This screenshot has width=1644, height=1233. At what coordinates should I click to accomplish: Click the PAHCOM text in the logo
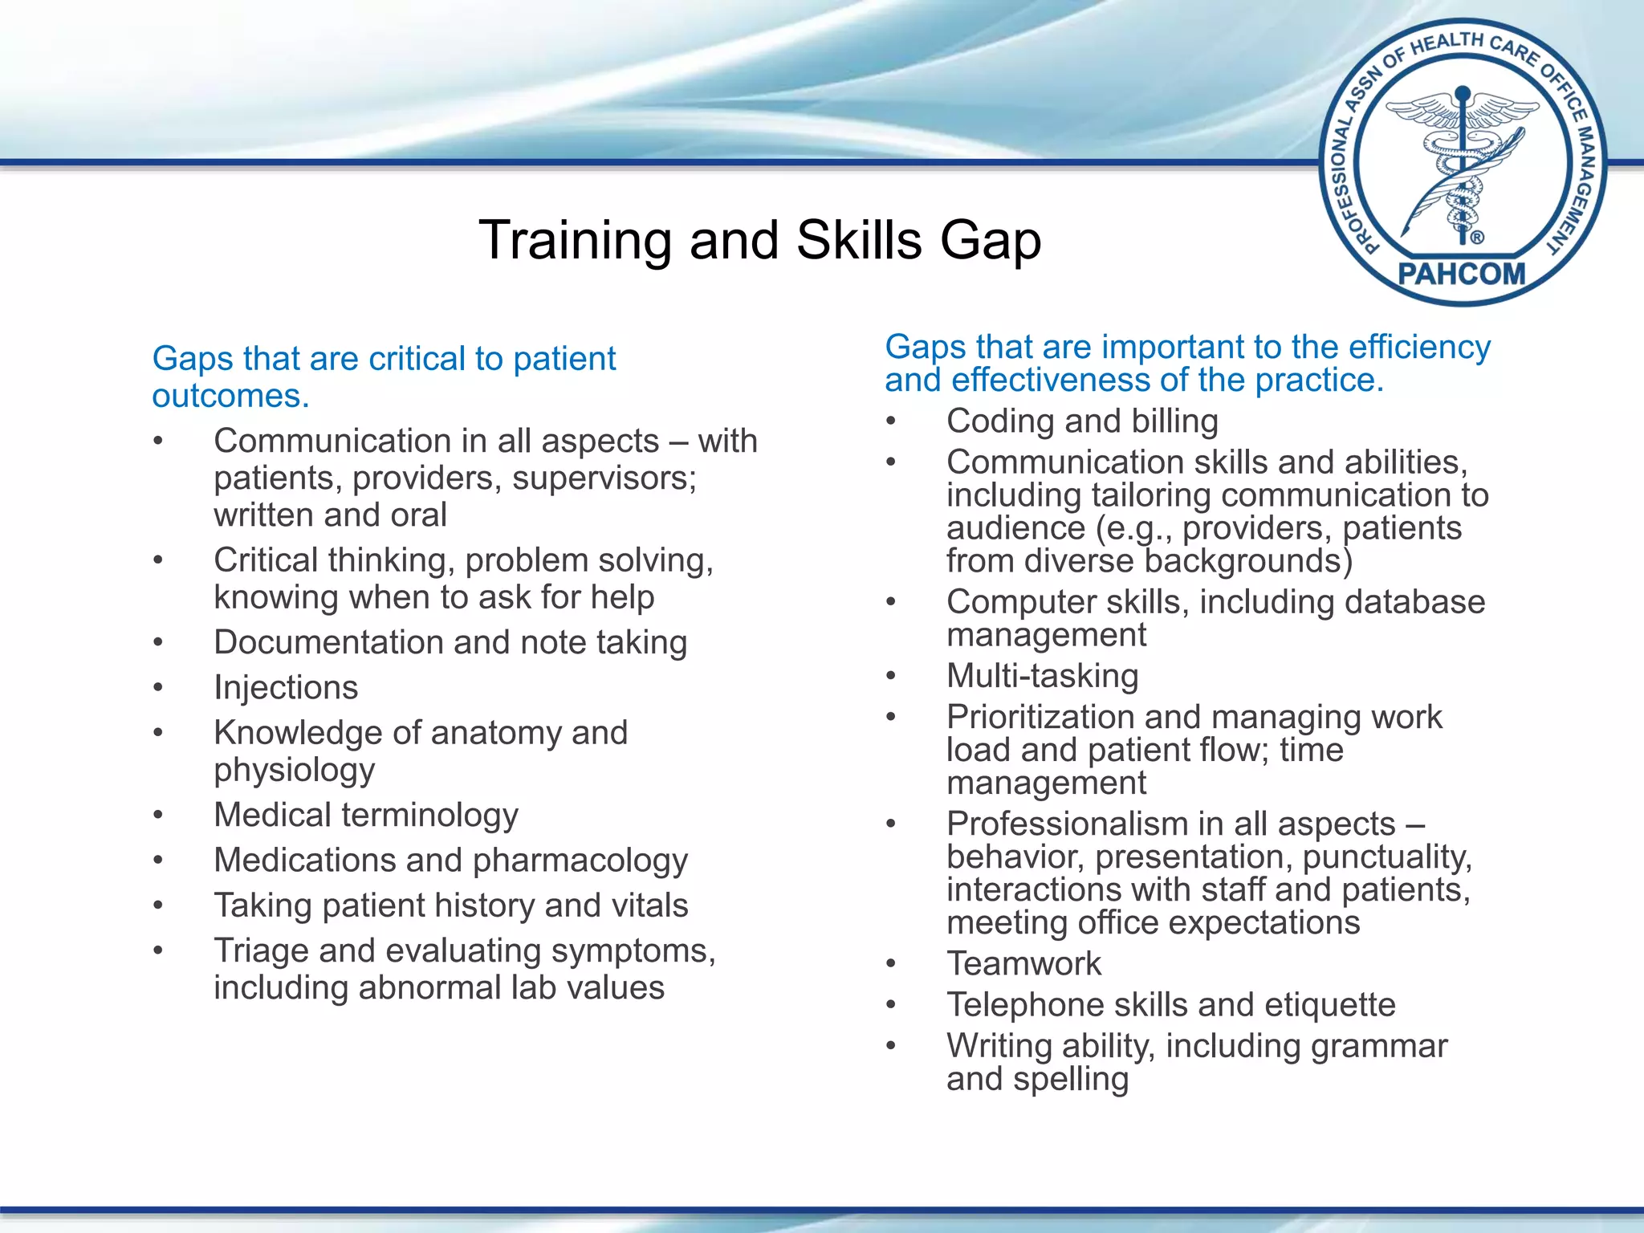[x=1461, y=274]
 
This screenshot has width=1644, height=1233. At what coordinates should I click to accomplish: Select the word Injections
[x=286, y=688]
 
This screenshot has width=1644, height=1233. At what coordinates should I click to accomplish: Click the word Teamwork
[x=1023, y=964]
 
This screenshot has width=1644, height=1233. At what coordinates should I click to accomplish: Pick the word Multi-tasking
[x=1042, y=676]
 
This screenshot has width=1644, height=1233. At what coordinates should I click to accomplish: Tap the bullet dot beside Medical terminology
[x=158, y=816]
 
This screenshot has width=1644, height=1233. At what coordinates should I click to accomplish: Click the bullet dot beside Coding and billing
[x=890, y=421]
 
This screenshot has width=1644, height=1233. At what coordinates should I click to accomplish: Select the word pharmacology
[x=580, y=861]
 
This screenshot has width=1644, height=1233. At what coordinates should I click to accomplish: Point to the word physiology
[x=294, y=771]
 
